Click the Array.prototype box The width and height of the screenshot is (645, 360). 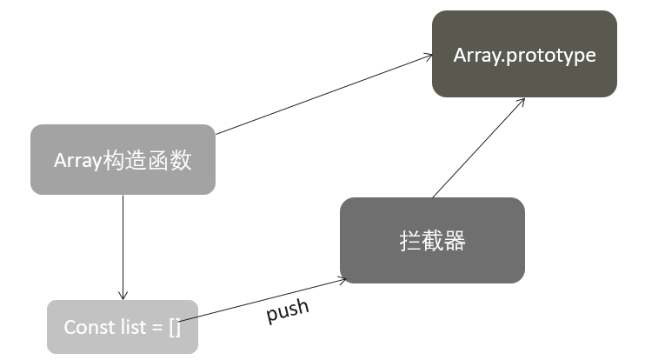[524, 54]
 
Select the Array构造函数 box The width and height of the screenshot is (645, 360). [123, 159]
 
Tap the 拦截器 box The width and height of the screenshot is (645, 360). [432, 240]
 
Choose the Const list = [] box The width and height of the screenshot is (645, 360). [123, 327]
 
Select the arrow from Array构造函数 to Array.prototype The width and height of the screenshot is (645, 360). [322, 95]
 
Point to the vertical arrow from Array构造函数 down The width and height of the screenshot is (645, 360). [123, 243]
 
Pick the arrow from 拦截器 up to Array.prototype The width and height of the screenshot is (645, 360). [478, 148]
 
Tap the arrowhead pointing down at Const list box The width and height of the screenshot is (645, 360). [123, 295]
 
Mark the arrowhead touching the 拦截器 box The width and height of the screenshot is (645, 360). [342, 280]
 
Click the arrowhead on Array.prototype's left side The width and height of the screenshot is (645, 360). [427, 56]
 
